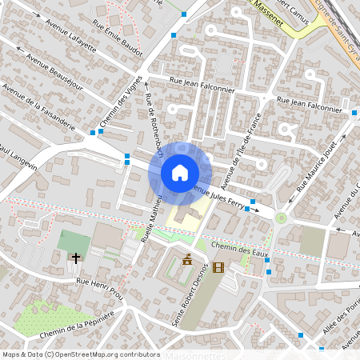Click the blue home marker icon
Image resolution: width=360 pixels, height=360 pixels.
[180, 173]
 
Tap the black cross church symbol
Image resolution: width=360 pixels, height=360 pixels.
[76, 258]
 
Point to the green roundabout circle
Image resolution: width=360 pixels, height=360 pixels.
[281, 218]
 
